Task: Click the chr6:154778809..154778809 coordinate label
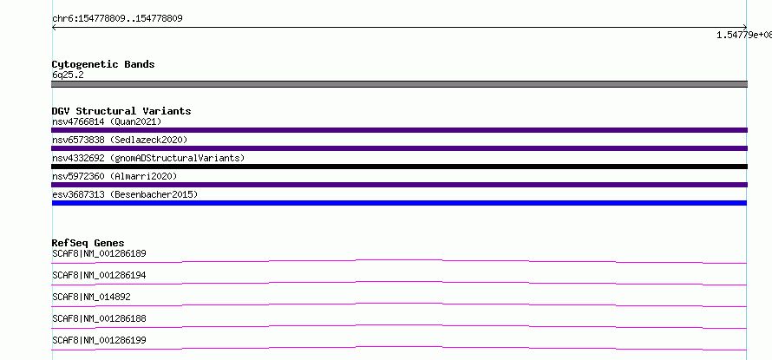[118, 19]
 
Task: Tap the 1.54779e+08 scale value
[744, 35]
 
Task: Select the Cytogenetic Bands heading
[103, 64]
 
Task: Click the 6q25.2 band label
[68, 75]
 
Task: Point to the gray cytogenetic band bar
[399, 84]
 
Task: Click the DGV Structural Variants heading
[121, 111]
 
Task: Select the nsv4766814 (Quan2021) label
[107, 121]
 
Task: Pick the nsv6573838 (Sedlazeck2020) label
[120, 140]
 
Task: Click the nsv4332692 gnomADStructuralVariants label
[148, 158]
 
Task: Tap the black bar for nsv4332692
[399, 167]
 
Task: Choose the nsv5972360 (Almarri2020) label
[114, 176]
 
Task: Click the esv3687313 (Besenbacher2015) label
[125, 194]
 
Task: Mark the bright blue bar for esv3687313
[399, 203]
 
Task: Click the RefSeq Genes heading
[88, 243]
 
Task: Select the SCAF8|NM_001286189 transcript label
[100, 253]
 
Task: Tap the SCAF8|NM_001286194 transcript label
[100, 275]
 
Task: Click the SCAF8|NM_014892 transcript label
[92, 297]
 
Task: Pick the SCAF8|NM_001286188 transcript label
[100, 318]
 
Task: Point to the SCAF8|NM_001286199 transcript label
[100, 340]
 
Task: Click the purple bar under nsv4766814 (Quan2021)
[399, 130]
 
